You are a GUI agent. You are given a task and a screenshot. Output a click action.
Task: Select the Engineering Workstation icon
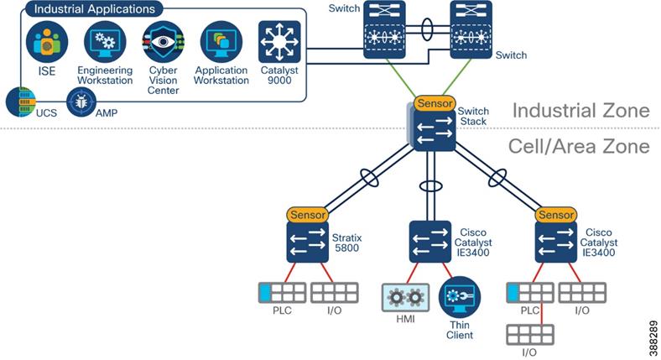coord(105,42)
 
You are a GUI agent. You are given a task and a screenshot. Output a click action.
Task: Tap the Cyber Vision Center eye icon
coord(162,42)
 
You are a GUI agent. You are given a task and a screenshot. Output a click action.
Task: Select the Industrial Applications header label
coord(93,9)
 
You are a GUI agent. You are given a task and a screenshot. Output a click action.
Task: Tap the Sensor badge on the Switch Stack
coord(434,103)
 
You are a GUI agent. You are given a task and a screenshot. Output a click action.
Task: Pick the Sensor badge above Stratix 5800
coord(308,215)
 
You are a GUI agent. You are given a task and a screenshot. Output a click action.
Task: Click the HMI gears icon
coord(404,298)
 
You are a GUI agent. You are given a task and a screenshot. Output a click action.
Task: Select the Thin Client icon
coord(459,298)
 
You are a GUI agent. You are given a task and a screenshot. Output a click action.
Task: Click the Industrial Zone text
coord(580,111)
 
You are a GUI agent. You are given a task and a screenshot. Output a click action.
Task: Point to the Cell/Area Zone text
coord(579,146)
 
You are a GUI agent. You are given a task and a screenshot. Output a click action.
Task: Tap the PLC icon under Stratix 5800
coord(281,293)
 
